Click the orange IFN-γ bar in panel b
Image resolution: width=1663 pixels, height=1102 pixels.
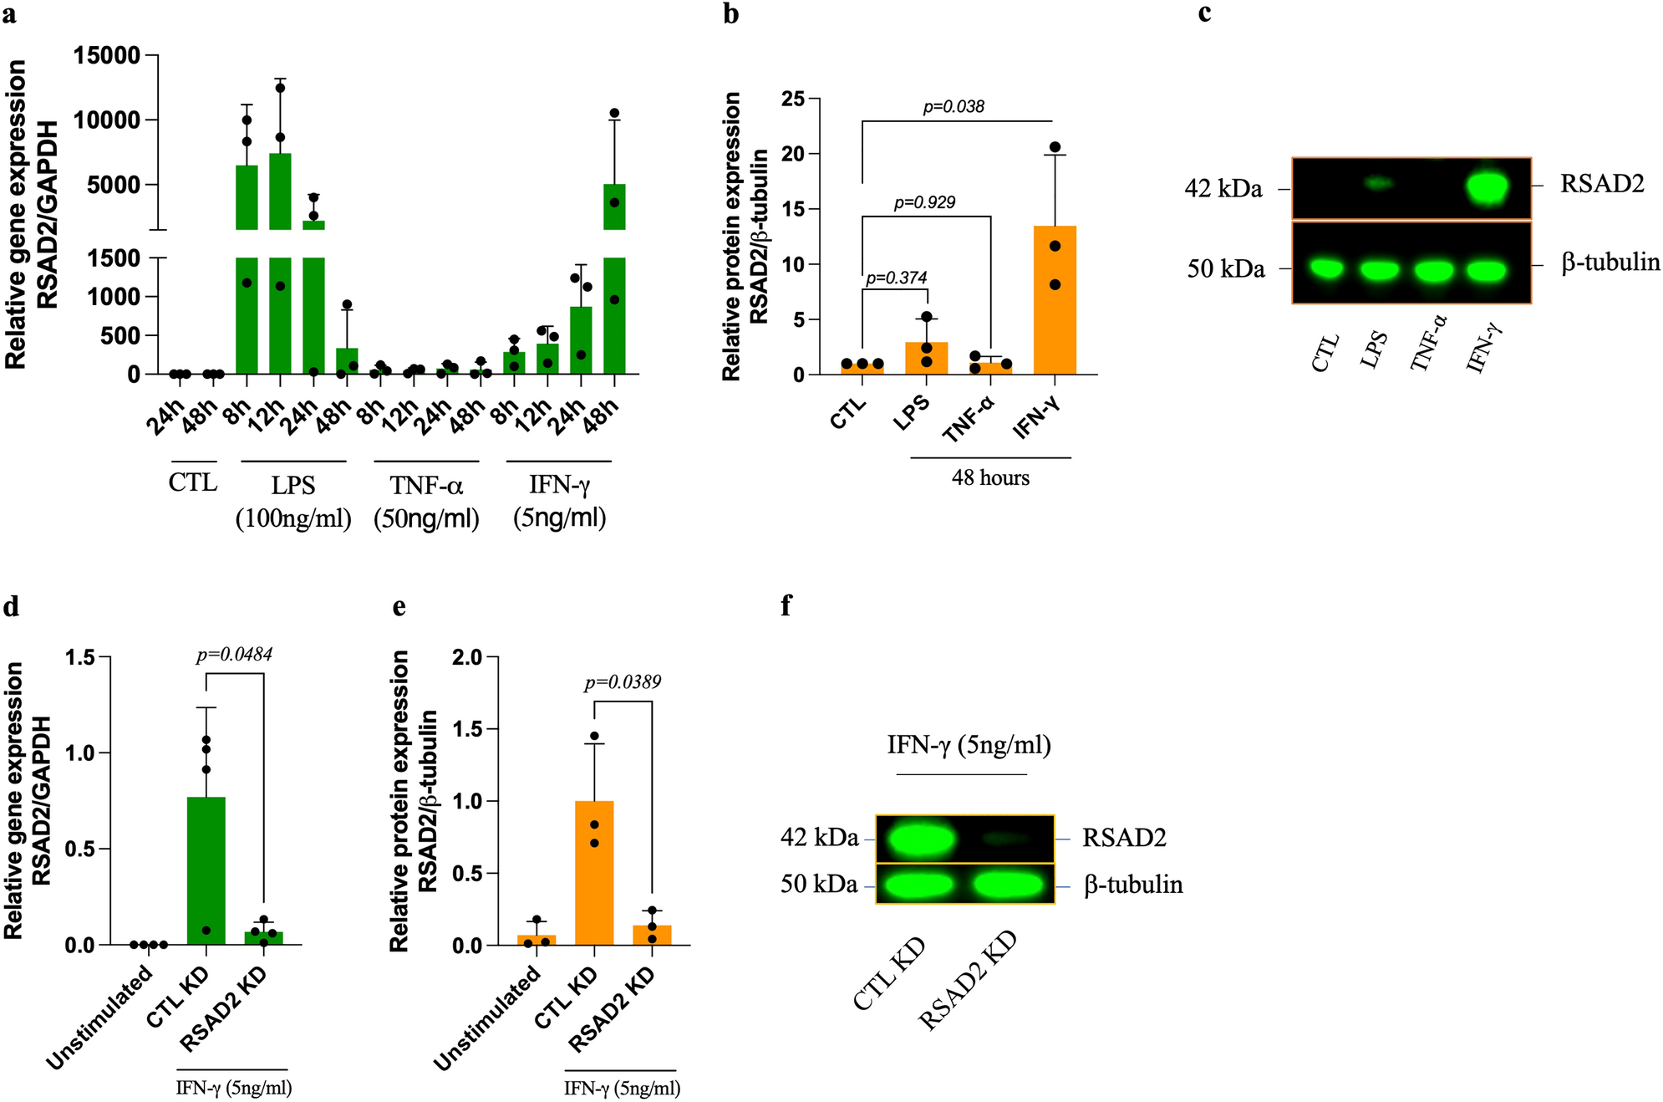(1055, 301)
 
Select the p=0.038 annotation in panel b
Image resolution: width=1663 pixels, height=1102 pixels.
(954, 107)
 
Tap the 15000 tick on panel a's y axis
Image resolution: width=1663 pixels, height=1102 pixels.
(107, 56)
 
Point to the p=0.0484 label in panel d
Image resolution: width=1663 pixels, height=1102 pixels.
(234, 655)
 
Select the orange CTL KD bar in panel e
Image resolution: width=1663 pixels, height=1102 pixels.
(594, 873)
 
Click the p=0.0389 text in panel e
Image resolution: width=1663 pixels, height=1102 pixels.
(623, 682)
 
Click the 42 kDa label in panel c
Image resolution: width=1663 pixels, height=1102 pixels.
(1223, 189)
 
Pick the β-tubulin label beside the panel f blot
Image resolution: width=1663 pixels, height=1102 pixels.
(1133, 885)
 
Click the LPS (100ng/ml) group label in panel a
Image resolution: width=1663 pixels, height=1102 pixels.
(292, 502)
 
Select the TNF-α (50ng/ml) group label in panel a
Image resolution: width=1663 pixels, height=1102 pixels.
(426, 502)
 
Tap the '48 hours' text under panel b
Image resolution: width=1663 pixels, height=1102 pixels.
(990, 478)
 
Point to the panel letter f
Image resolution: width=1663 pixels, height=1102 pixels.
(786, 606)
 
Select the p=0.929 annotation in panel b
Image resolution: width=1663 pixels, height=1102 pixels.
(924, 202)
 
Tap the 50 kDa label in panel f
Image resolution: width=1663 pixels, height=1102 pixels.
(819, 885)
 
